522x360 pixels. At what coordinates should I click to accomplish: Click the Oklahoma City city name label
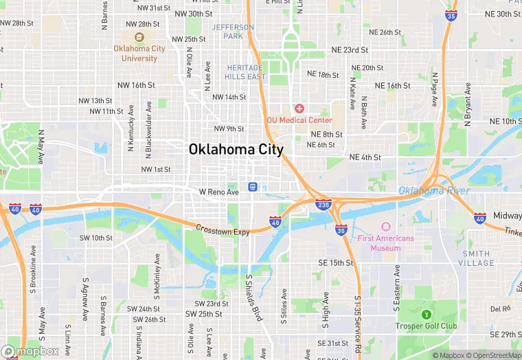coord(236,150)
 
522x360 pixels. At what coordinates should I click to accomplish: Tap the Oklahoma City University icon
coord(139,37)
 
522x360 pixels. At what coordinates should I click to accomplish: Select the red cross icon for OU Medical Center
coord(299,109)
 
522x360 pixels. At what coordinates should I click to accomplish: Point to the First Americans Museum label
coord(385,243)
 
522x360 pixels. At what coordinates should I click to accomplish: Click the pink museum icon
coord(385,227)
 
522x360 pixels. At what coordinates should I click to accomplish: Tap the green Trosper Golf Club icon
coord(426,315)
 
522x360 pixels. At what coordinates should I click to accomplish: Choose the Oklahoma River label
coord(435,190)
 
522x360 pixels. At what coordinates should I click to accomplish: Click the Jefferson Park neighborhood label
coord(233,32)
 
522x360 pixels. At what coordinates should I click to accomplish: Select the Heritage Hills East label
coord(245,72)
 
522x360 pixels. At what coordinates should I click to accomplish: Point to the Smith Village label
coord(476,258)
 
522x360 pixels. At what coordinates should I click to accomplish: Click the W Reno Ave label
coord(218,192)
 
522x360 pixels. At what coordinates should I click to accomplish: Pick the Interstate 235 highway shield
coord(323,204)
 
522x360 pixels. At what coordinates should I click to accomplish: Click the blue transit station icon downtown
coord(253,186)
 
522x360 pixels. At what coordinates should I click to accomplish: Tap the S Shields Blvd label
coord(253,298)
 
